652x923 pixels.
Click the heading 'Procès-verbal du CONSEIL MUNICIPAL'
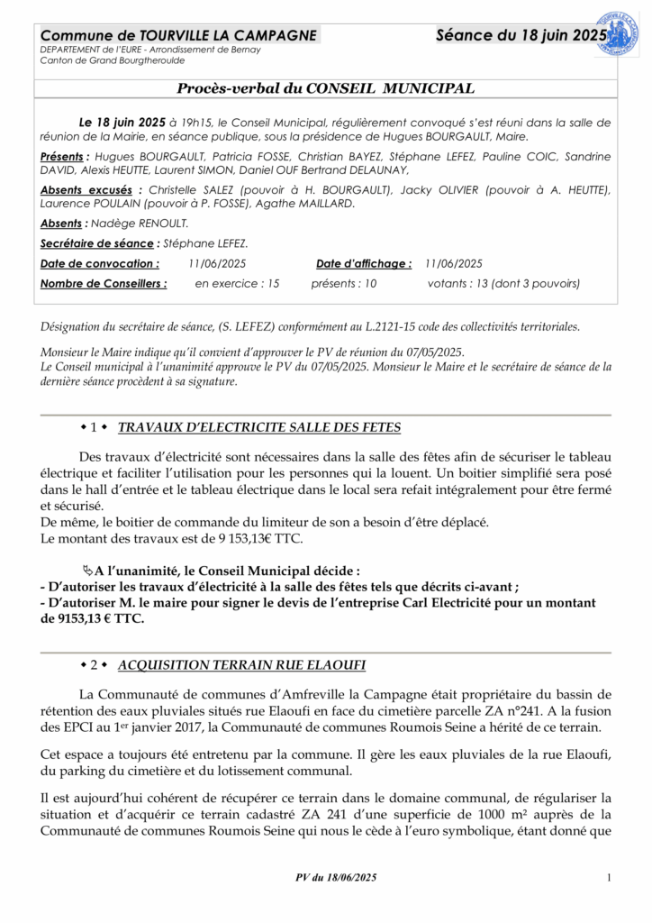pyautogui.click(x=325, y=88)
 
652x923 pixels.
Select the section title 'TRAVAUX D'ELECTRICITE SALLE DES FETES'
pyautogui.click(x=259, y=427)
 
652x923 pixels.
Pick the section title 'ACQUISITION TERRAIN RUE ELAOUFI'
pyautogui.click(x=241, y=665)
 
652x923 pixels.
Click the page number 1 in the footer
pyautogui.click(x=610, y=878)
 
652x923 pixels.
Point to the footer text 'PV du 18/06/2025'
pyautogui.click(x=337, y=878)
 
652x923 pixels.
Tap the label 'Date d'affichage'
pyautogui.click(x=364, y=263)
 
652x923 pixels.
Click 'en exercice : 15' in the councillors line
pyautogui.click(x=237, y=283)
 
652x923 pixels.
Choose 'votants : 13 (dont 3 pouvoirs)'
pyautogui.click(x=503, y=283)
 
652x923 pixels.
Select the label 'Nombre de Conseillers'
pyautogui.click(x=104, y=283)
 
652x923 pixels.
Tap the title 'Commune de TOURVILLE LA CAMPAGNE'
pyautogui.click(x=178, y=35)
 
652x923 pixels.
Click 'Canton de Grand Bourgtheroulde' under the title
pyautogui.click(x=113, y=60)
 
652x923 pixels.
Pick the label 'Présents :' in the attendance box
pyautogui.click(x=66, y=157)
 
